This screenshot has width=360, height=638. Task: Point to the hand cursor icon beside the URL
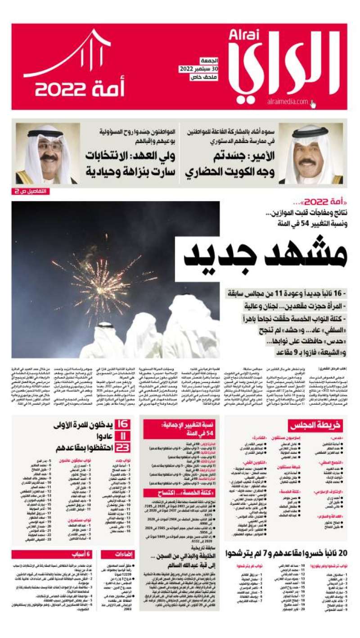tap(313, 103)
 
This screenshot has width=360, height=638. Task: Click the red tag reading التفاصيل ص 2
tap(31, 191)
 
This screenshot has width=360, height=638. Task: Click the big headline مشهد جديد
tap(265, 256)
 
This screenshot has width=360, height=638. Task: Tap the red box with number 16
tap(122, 424)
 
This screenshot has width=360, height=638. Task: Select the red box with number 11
tap(122, 436)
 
